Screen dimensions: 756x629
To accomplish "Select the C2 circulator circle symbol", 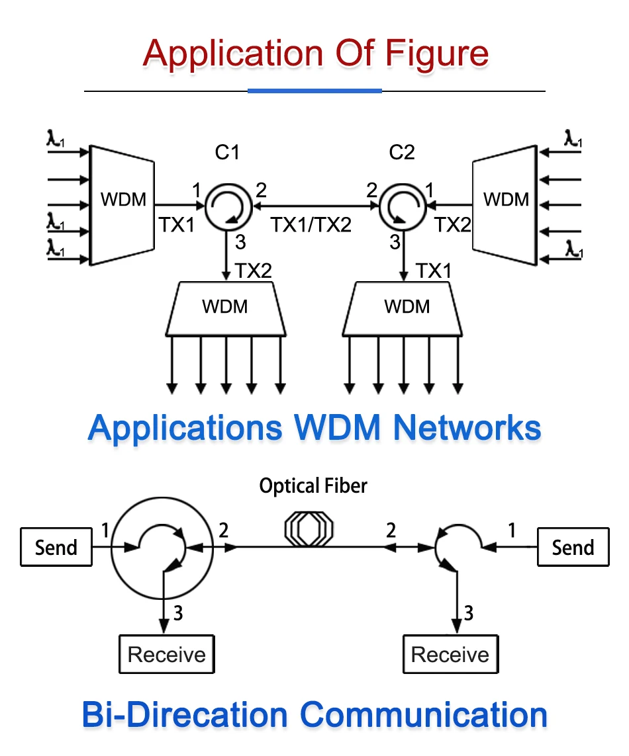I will click(401, 206).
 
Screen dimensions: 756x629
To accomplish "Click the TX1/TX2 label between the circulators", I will click(311, 225).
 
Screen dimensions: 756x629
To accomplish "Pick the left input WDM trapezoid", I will click(123, 205).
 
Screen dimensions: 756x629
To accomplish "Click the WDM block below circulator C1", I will click(225, 308).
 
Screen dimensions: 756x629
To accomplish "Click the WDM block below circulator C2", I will click(407, 308).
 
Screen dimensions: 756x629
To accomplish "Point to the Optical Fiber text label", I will click(313, 487).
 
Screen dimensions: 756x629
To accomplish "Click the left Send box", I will click(56, 547).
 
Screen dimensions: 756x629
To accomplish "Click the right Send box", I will click(573, 547).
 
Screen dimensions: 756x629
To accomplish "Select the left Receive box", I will click(167, 655).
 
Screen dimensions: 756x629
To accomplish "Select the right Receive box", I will click(450, 655).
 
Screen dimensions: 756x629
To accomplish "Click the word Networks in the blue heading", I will click(467, 428).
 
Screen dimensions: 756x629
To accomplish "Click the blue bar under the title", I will click(314, 91).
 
